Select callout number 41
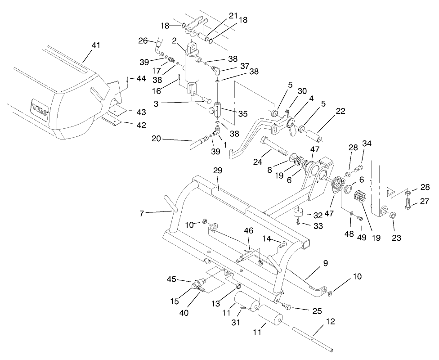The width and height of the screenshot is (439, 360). click(96, 46)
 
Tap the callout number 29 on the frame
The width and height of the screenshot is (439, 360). click(218, 171)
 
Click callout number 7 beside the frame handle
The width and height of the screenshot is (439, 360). click(142, 213)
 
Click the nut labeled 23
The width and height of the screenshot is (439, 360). click(392, 215)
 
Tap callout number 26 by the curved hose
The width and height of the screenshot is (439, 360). click(143, 40)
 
